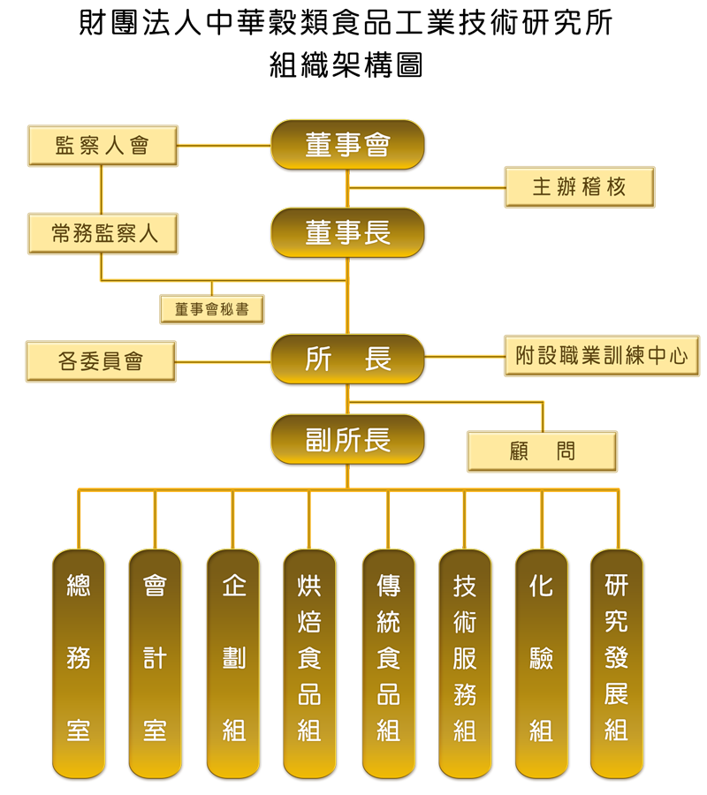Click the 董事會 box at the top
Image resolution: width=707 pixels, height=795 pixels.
(348, 145)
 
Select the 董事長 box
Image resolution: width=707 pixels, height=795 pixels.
(348, 233)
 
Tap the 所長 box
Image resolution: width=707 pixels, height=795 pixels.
(348, 360)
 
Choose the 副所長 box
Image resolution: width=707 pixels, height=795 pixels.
(348, 441)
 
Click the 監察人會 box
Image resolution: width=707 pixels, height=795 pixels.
(103, 146)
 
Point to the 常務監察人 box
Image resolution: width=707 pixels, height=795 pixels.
(103, 234)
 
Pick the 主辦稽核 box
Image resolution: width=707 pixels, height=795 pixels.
(580, 186)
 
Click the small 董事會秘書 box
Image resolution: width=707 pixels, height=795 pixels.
(212, 309)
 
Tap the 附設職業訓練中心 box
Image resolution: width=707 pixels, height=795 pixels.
(602, 356)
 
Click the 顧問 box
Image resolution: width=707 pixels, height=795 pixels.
(543, 451)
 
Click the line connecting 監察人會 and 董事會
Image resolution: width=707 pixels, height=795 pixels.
(224, 146)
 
